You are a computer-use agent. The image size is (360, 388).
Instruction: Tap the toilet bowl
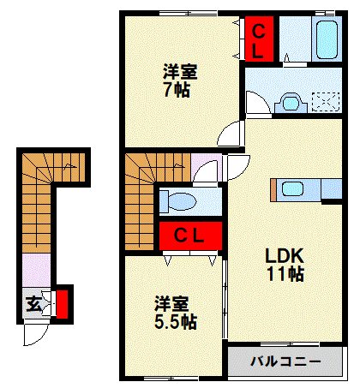[182, 201]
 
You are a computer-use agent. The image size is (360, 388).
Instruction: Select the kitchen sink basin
[292, 189]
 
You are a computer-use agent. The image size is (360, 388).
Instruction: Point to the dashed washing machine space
[326, 101]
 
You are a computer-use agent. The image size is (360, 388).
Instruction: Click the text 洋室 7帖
[179, 81]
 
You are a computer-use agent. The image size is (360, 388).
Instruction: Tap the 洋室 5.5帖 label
[175, 313]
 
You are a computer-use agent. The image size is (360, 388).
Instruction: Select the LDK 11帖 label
[285, 265]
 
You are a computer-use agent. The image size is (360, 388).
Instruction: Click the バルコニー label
[285, 361]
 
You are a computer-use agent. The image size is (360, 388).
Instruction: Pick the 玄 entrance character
[33, 304]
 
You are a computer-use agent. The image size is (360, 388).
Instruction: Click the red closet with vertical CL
[259, 39]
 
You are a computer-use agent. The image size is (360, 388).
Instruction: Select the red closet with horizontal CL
[190, 236]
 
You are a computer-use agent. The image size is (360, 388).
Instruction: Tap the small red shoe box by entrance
[62, 304]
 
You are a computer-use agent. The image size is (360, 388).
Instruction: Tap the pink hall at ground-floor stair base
[37, 271]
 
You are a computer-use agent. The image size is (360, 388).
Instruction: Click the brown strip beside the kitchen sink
[273, 190]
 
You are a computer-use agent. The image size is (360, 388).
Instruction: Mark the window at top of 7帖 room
[188, 13]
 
